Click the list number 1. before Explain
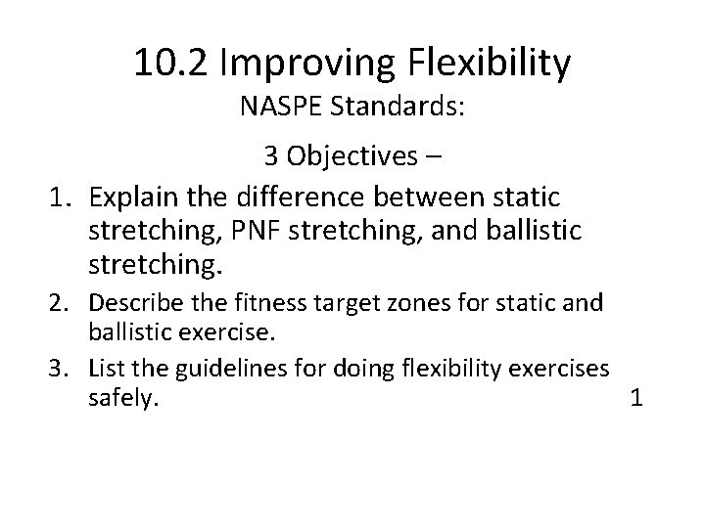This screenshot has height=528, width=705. pyautogui.click(x=64, y=198)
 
